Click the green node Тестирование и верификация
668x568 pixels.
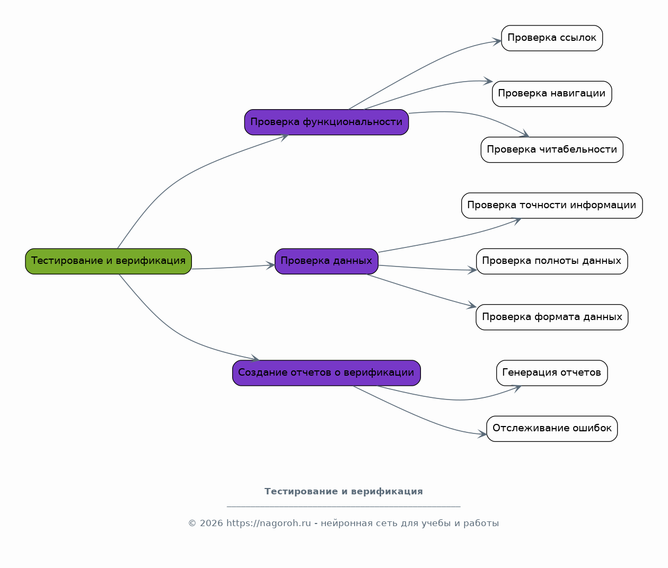pyautogui.click(x=108, y=261)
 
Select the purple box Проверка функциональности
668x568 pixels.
pyautogui.click(x=327, y=122)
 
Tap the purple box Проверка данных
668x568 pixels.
pyautogui.click(x=327, y=261)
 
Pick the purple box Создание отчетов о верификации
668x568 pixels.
pyautogui.click(x=327, y=373)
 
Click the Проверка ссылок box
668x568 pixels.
pyautogui.click(x=552, y=38)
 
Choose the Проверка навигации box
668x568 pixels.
pyautogui.click(x=552, y=94)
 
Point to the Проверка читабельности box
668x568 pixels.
pyautogui.click(x=552, y=150)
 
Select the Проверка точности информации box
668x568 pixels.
pyautogui.click(x=552, y=206)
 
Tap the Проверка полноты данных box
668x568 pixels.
pyautogui.click(x=552, y=261)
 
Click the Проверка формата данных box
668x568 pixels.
pyautogui.click(x=552, y=317)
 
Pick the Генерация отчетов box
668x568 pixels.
pyautogui.click(x=552, y=373)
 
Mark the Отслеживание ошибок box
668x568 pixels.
pyautogui.click(x=552, y=429)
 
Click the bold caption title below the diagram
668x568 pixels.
pyautogui.click(x=344, y=492)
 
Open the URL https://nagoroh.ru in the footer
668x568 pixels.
pyautogui.click(x=269, y=523)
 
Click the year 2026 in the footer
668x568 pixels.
pyautogui.click(x=212, y=523)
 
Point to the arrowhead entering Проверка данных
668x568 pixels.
pyautogui.click(x=271, y=265)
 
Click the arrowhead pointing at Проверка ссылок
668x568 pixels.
pyautogui.click(x=497, y=42)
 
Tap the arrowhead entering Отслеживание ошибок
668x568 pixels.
pyautogui.click(x=482, y=434)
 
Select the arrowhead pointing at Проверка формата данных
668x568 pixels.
pyautogui.click(x=472, y=306)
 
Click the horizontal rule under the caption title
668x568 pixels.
pyautogui.click(x=344, y=507)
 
